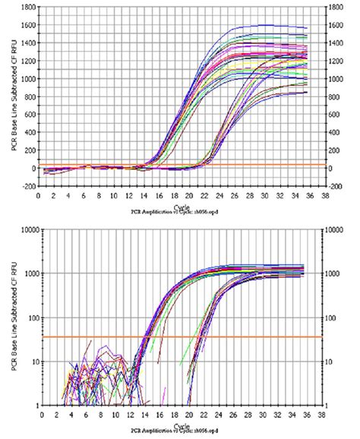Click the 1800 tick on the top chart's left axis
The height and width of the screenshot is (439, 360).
point(27,6)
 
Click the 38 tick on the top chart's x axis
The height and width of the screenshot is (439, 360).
point(324,194)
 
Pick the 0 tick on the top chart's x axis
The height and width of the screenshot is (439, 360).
point(39,194)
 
